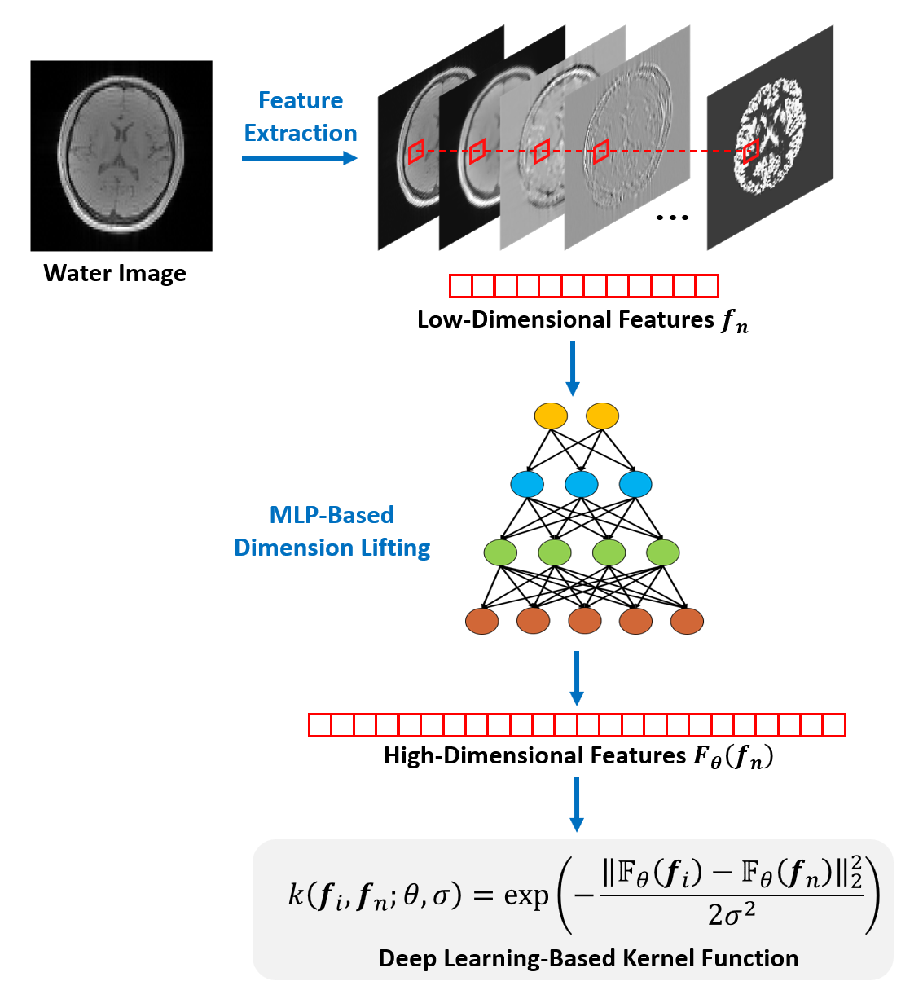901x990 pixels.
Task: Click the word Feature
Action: click(301, 100)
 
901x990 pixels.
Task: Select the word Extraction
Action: click(301, 133)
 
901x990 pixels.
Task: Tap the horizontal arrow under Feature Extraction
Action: click(300, 157)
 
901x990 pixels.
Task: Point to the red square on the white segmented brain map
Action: click(750, 151)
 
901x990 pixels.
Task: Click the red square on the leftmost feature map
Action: click(416, 151)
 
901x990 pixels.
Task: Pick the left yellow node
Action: click(551, 416)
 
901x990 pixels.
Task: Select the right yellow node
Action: click(603, 416)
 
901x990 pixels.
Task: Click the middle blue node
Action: click(582, 484)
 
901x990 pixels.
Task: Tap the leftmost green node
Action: click(500, 552)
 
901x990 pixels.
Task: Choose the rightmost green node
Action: click(663, 552)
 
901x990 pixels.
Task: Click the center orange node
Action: click(584, 621)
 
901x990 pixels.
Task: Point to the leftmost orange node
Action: click(482, 621)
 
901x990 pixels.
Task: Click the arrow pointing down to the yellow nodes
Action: click(573, 368)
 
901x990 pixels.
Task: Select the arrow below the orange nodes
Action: click(577, 678)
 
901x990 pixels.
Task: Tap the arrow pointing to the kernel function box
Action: click(577, 804)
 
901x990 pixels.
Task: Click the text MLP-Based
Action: click(332, 515)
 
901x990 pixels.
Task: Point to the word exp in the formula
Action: click(526, 895)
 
